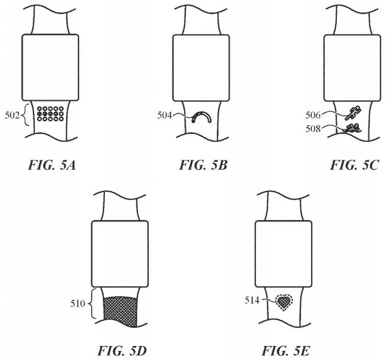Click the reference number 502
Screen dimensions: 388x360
(x=12, y=115)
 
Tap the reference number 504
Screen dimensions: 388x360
(x=164, y=115)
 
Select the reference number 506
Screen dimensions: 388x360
(x=313, y=115)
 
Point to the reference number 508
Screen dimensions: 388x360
(x=313, y=128)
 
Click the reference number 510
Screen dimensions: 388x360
(x=78, y=303)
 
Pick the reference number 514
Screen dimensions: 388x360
(x=252, y=300)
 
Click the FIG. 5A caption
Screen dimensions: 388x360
(x=52, y=165)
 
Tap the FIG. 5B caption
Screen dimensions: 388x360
(x=203, y=165)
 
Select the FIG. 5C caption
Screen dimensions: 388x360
(x=355, y=165)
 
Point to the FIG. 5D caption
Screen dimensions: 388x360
(x=122, y=351)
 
